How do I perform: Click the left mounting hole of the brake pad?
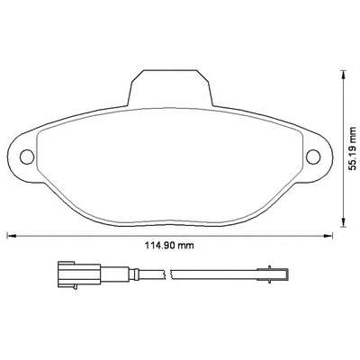coord(27,157)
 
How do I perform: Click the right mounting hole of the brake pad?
coord(313,157)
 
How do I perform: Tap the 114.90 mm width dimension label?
coord(170,246)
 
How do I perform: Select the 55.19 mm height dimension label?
coord(353,148)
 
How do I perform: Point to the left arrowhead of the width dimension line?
coord(11,236)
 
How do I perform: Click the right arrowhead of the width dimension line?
coord(328,236)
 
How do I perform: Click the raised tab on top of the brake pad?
coord(170,88)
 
